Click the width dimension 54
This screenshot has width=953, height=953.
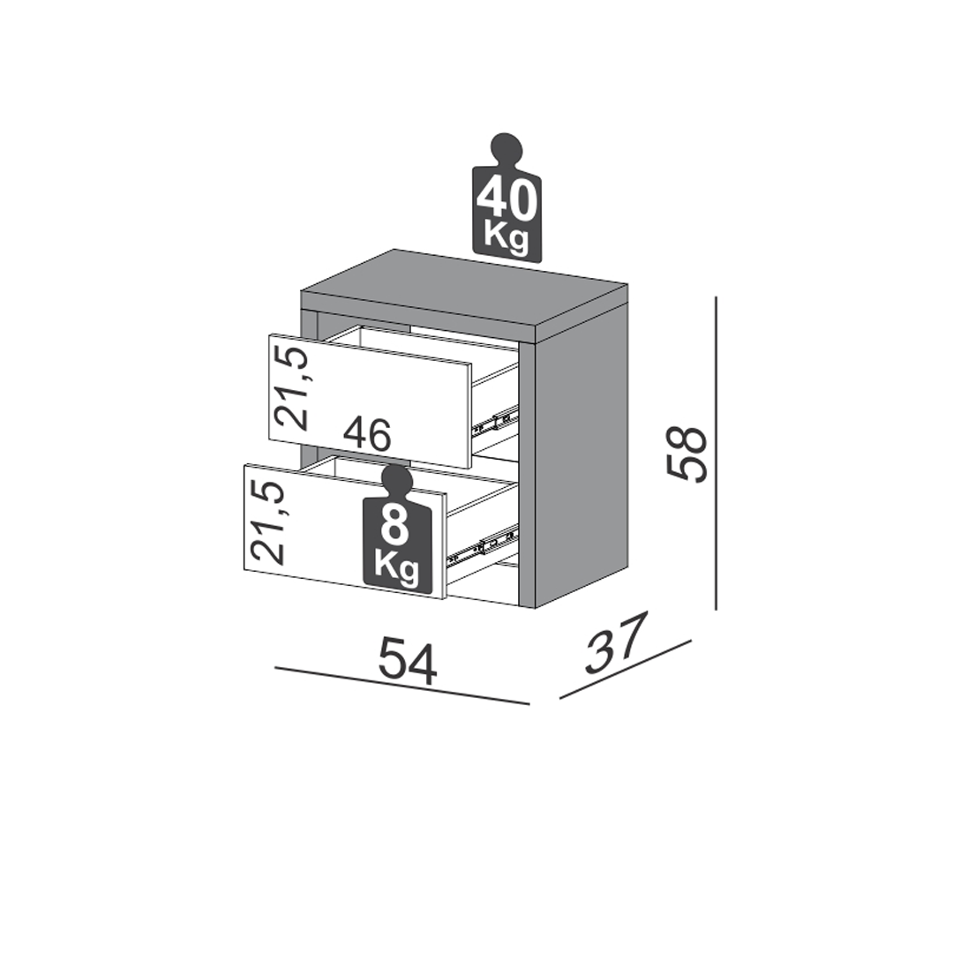[x=407, y=661]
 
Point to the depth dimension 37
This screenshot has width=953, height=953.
[x=614, y=644]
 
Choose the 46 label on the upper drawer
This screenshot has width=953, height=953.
[x=367, y=434]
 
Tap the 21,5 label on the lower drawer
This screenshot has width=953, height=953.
[x=266, y=522]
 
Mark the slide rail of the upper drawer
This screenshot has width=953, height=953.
[x=495, y=420]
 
